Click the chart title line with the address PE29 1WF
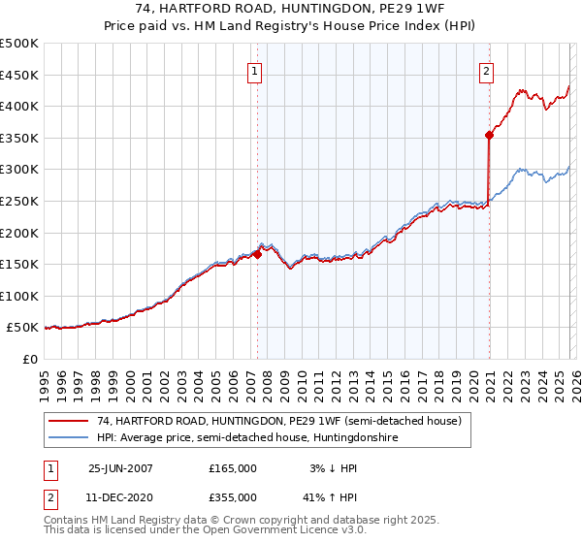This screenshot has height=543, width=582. (x=291, y=9)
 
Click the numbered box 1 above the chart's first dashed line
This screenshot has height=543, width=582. (x=254, y=70)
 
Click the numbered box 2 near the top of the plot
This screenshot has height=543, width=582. (x=485, y=70)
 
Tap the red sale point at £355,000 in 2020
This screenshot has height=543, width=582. (x=490, y=136)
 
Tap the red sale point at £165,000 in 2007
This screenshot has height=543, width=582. (x=258, y=254)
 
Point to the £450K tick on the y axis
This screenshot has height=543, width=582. (x=19, y=75)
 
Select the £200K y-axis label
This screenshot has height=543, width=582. (x=19, y=233)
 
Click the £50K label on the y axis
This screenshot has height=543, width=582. (x=22, y=328)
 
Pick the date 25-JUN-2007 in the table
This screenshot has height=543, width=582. (x=120, y=468)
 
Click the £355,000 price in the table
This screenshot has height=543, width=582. (x=232, y=497)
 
